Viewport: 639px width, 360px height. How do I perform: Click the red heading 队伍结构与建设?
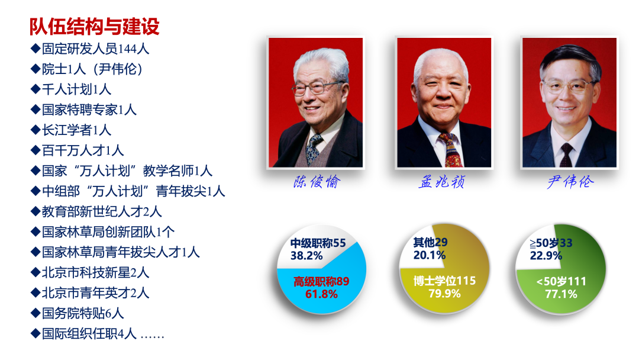click(x=94, y=27)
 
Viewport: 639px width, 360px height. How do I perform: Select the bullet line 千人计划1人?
click(x=71, y=89)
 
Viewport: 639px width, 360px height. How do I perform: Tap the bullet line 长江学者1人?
click(x=71, y=130)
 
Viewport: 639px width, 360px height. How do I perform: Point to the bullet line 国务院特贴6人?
click(x=78, y=314)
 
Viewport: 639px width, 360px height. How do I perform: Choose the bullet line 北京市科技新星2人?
click(x=90, y=273)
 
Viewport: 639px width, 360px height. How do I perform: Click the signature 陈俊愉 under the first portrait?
click(x=317, y=182)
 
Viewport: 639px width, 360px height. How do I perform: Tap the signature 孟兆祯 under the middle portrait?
click(x=442, y=182)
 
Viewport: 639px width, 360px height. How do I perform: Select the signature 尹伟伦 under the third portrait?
click(x=570, y=182)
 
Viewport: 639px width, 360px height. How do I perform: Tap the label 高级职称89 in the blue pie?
click(x=321, y=282)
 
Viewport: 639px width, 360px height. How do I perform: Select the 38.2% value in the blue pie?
click(x=306, y=256)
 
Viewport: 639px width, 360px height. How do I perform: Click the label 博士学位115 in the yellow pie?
click(x=444, y=281)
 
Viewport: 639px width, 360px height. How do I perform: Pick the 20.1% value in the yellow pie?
click(x=430, y=256)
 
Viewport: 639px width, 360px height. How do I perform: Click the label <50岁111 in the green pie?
click(x=561, y=282)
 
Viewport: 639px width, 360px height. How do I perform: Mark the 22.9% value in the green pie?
click(x=546, y=256)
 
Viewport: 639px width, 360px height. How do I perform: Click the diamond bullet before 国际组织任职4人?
click(x=35, y=333)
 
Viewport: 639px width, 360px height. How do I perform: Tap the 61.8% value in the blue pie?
click(x=321, y=294)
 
